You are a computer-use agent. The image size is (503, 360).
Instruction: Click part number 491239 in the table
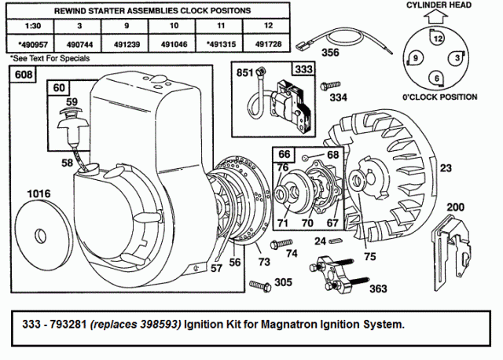click(127, 44)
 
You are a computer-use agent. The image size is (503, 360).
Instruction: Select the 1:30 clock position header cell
click(30, 26)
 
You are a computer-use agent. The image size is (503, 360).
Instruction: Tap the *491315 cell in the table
click(221, 44)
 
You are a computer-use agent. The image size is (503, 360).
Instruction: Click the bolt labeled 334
click(330, 85)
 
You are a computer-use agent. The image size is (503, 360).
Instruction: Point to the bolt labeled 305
click(260, 285)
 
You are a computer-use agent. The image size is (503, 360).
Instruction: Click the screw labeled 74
click(281, 244)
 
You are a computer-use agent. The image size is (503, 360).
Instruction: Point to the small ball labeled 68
click(306, 157)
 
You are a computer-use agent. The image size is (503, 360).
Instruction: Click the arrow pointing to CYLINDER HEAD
click(436, 17)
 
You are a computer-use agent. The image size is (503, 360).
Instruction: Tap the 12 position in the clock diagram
click(437, 38)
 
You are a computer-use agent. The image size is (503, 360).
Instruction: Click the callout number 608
click(24, 74)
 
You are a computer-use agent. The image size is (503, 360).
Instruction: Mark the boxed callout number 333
click(303, 69)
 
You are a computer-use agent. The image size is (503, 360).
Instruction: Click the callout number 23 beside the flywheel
click(446, 167)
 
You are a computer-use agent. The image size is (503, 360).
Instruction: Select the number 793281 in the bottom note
click(69, 324)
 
